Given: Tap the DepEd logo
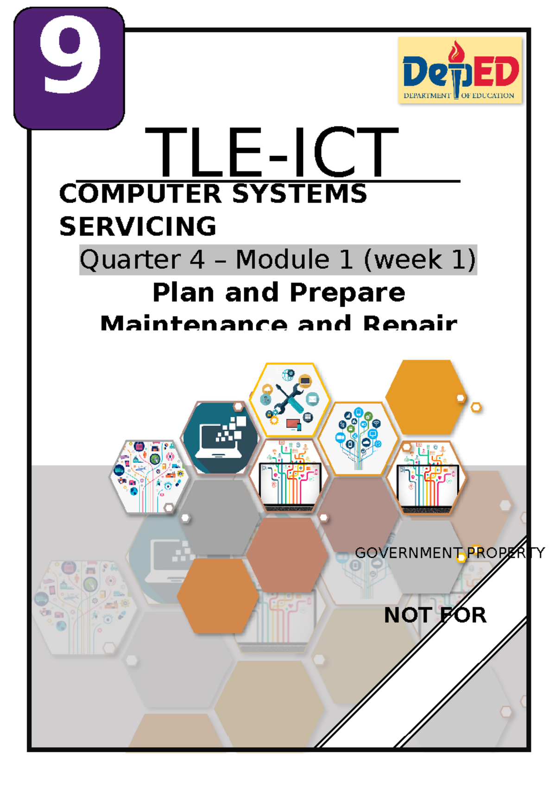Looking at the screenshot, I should (x=460, y=71).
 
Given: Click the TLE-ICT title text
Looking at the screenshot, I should (x=272, y=153).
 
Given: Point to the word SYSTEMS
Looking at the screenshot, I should (x=299, y=193).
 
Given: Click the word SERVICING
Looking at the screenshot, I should (x=138, y=226).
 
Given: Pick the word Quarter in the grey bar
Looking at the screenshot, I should (x=130, y=259).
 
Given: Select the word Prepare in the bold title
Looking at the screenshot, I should (x=347, y=293).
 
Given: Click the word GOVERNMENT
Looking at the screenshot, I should (x=407, y=553).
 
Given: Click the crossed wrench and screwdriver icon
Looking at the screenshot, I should (x=290, y=398).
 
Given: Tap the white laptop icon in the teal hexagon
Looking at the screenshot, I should (x=220, y=437).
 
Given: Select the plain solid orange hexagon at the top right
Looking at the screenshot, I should (x=425, y=397).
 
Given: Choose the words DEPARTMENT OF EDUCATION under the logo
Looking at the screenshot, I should (x=459, y=96).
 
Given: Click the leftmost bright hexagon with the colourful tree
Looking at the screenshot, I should (x=149, y=477).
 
